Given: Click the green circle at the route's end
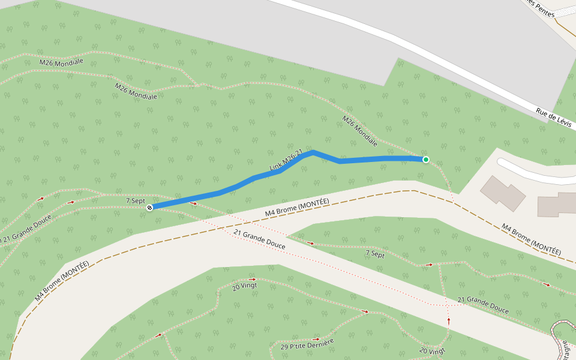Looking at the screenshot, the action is [426, 160].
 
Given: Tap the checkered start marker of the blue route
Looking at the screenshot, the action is [149, 208].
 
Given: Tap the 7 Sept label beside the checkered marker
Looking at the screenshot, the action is [135, 200].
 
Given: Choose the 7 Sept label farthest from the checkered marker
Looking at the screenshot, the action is [375, 254].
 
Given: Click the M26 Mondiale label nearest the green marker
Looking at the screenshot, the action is [360, 131].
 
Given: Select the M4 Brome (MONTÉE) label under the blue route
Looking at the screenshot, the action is [297, 208].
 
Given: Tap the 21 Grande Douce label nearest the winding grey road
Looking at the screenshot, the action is [483, 305].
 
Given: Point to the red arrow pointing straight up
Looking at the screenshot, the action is [449, 321].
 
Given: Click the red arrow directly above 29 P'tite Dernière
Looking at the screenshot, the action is [316, 339].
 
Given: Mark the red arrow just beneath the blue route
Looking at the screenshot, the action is [194, 203].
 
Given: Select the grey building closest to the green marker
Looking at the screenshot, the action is [503, 192].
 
